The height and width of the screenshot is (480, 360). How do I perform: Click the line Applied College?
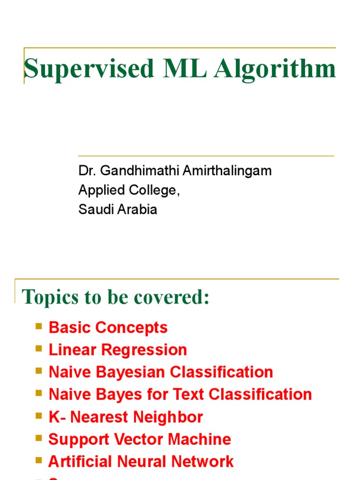tap(129, 190)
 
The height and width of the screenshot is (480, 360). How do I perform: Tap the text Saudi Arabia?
tap(118, 210)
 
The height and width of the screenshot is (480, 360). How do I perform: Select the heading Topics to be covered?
tap(116, 297)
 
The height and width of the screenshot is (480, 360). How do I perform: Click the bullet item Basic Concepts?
tap(108, 328)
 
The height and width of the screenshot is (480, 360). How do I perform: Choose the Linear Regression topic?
tap(118, 350)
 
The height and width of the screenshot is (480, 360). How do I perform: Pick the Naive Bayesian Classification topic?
tap(161, 372)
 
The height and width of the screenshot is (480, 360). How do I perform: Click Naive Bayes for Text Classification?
tap(180, 395)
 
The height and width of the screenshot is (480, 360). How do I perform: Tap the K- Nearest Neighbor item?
tap(126, 417)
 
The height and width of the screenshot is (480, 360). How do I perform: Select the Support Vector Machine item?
tap(140, 440)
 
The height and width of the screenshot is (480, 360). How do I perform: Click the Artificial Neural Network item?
tap(141, 462)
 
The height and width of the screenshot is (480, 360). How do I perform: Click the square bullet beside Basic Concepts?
tap(39, 326)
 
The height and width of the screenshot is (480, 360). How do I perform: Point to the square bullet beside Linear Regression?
tap(39, 348)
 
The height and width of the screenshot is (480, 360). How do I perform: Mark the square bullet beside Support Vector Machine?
tap(39, 438)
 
